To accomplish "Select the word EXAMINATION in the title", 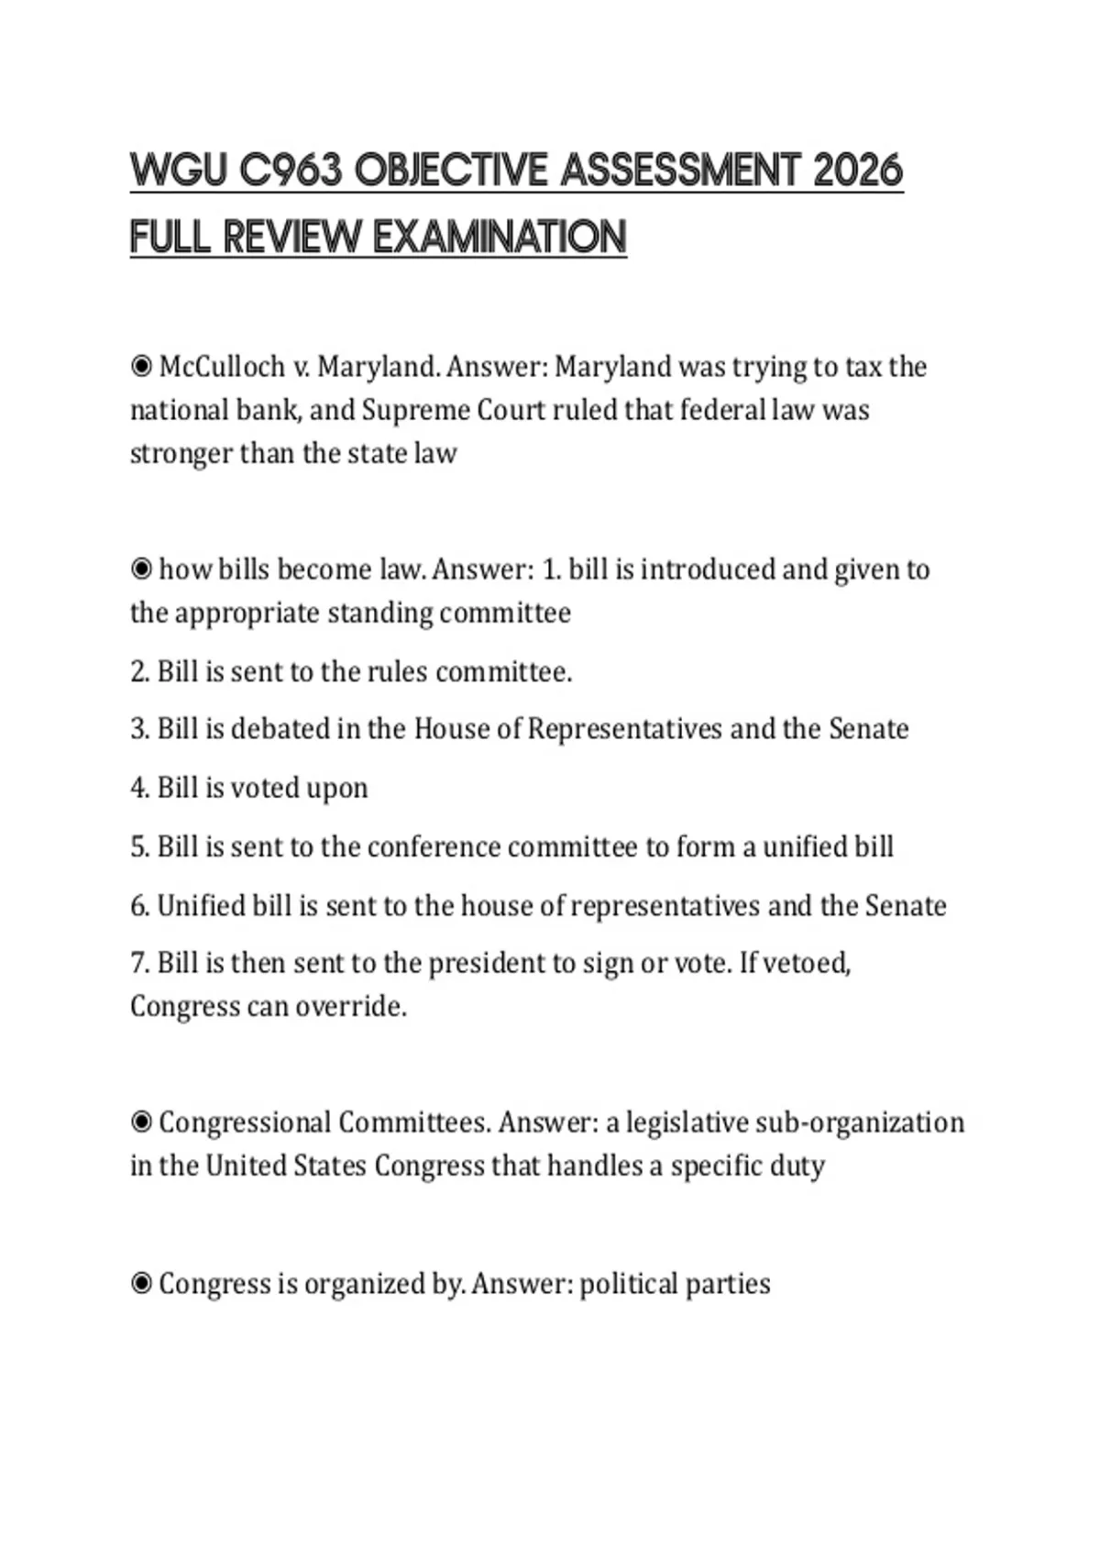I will [500, 238].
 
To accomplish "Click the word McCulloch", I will [222, 367].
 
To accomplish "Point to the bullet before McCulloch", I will [141, 367].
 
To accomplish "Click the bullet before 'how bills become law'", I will [141, 569].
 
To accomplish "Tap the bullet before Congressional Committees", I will [141, 1122].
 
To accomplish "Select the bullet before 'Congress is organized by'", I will [141, 1284].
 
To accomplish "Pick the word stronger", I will [181, 453].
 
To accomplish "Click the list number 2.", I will [139, 672].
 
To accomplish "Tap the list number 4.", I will [139, 789].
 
